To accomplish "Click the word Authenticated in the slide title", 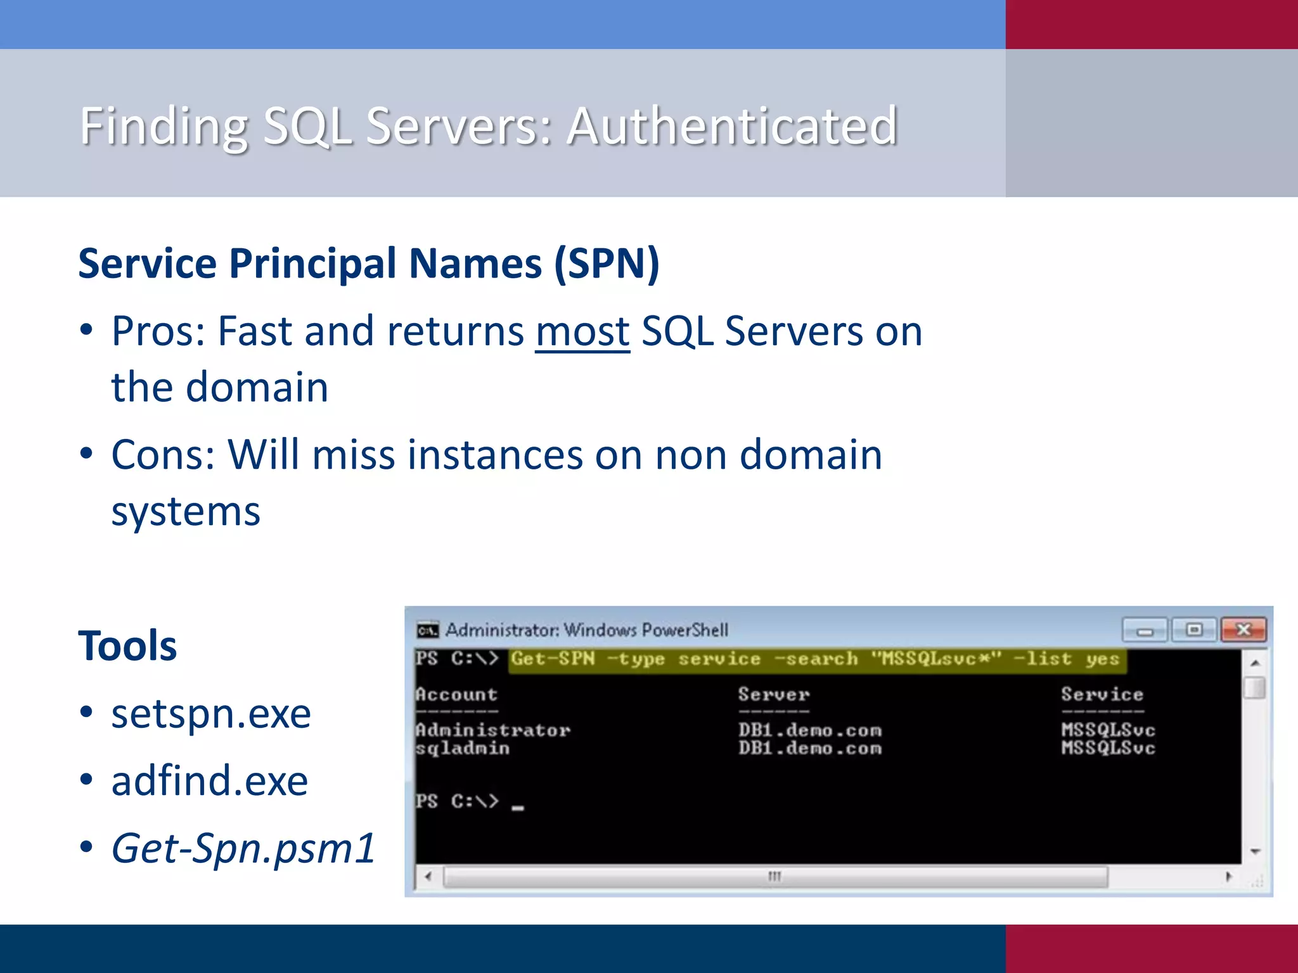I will pyautogui.click(x=732, y=126).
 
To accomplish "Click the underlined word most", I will pyautogui.click(x=582, y=331).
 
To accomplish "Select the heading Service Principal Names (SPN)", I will pyautogui.click(x=369, y=264).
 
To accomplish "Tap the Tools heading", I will pyautogui.click(x=127, y=646).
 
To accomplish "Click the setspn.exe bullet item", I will pyautogui.click(x=211, y=714).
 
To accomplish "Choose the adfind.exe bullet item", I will pyautogui.click(x=210, y=781).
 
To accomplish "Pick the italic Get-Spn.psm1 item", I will pyautogui.click(x=243, y=848).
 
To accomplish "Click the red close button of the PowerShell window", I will pyautogui.click(x=1243, y=630).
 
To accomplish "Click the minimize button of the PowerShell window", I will pyautogui.click(x=1145, y=630).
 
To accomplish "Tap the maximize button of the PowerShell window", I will pyautogui.click(x=1194, y=630).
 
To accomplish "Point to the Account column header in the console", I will pyautogui.click(x=456, y=694).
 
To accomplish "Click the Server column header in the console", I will pyautogui.click(x=774, y=694).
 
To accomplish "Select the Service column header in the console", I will pyautogui.click(x=1102, y=694).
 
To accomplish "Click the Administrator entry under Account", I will pyautogui.click(x=493, y=730).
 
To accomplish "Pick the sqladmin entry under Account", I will pyautogui.click(x=463, y=748).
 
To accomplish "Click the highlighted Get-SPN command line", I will pyautogui.click(x=815, y=659).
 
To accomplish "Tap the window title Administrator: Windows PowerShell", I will pyautogui.click(x=587, y=630).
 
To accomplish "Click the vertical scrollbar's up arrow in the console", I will pyautogui.click(x=1255, y=663).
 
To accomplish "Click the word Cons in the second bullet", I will pyautogui.click(x=158, y=455).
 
